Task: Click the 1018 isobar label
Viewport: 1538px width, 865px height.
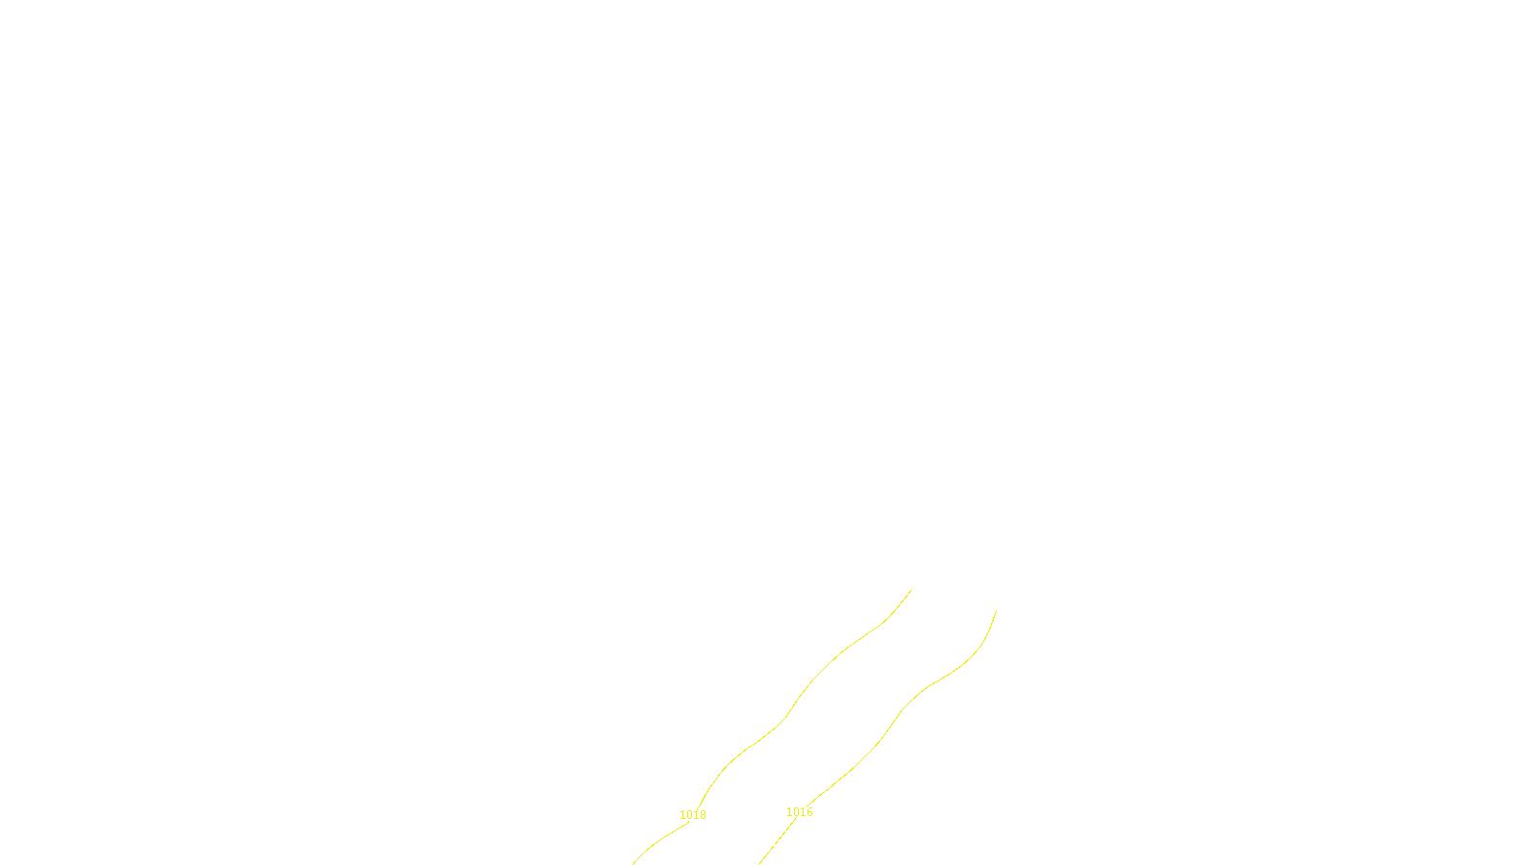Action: tap(693, 815)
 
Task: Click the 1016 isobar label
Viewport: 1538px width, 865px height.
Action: tap(800, 812)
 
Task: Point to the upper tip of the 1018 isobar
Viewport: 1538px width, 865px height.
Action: tap(911, 589)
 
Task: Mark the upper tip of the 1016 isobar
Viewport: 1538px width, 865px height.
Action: tap(996, 610)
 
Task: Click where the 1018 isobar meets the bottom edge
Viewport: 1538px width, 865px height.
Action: tap(633, 863)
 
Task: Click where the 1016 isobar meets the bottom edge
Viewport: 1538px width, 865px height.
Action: tap(759, 863)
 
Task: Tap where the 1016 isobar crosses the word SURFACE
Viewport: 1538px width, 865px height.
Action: tap(771, 849)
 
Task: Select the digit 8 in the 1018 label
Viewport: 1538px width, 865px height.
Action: tap(703, 815)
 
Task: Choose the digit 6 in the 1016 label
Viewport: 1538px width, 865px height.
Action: tap(809, 812)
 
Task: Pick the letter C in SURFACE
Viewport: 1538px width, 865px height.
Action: tap(782, 849)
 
